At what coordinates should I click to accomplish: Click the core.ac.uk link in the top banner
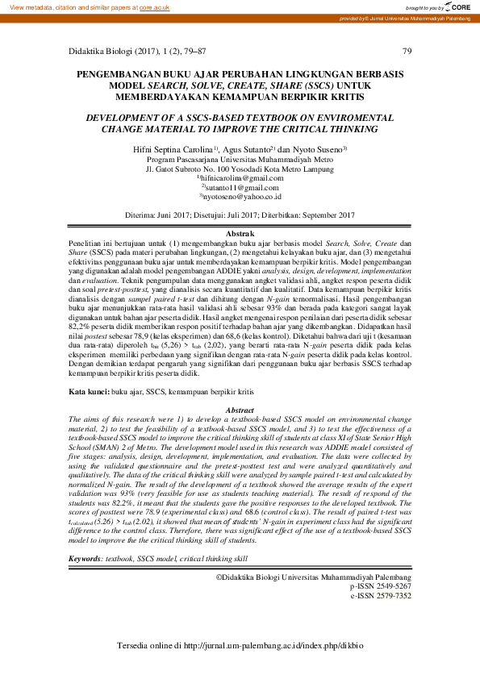(156, 6)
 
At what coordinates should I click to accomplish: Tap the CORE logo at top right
(457, 6)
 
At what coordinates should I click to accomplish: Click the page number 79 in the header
(407, 51)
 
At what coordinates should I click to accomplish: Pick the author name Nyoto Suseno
(319, 150)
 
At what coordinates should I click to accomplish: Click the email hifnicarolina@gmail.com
(242, 177)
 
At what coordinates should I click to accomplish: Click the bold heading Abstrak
(240, 232)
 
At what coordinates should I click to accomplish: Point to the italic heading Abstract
(240, 410)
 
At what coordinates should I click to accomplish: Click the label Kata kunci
(88, 390)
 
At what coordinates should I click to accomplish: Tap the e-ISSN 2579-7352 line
(381, 574)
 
